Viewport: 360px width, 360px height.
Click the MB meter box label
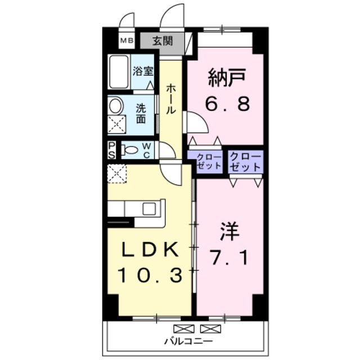127,41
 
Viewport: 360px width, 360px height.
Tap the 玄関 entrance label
163,41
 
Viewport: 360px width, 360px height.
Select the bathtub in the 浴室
119,72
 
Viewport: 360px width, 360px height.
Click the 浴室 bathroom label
143,71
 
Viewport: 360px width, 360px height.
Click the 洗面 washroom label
141,114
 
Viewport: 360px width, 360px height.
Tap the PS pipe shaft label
112,150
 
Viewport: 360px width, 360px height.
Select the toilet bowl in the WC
129,150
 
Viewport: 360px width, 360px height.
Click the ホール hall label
171,99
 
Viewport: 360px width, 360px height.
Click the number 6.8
227,103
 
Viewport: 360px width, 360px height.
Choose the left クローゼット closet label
209,162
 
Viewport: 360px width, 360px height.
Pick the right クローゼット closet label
245,162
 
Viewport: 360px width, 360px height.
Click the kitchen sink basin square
149,209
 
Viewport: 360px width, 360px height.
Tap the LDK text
150,249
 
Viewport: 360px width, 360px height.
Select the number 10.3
150,275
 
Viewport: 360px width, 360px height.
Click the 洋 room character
230,231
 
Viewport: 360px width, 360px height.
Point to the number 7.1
230,257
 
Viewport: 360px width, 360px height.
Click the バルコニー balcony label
188,341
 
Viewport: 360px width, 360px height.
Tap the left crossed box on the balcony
184,328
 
